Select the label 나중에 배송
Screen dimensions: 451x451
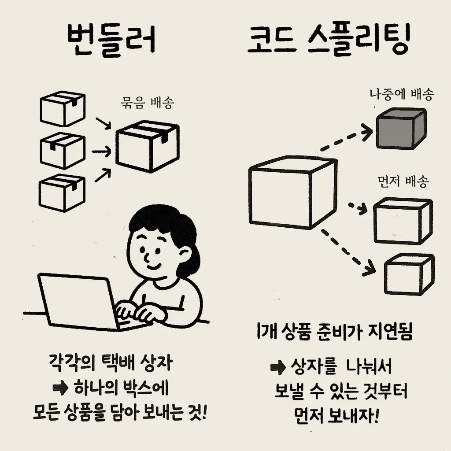pos(401,94)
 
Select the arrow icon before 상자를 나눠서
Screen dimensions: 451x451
pos(279,367)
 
